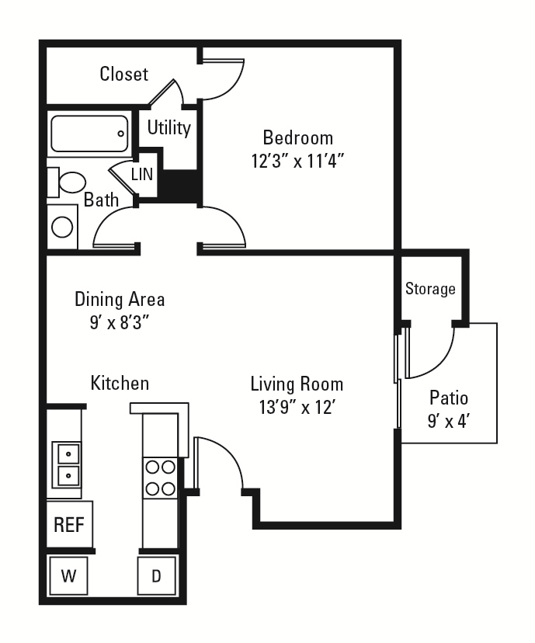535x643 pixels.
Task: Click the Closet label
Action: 123,74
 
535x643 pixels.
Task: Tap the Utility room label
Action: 169,127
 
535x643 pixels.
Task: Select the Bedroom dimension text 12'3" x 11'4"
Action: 297,161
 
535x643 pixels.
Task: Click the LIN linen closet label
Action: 142,174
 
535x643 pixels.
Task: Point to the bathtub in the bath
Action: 89,134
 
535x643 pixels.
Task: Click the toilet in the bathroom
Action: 67,182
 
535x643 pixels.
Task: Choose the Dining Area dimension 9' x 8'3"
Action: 120,323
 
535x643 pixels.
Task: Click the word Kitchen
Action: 120,384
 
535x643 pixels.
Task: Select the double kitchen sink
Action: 66,464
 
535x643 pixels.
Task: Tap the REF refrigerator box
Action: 69,524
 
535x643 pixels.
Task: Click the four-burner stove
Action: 160,478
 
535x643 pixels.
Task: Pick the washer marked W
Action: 68,575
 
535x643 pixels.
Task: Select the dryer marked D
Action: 157,575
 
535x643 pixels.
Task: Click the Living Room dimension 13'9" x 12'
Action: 297,408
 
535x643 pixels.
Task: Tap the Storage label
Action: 430,289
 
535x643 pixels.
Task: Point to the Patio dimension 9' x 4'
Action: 449,421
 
